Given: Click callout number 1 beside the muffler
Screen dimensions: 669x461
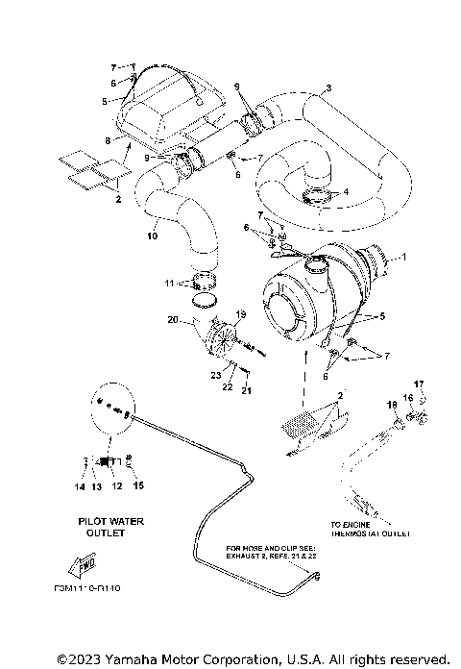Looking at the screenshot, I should (x=404, y=258).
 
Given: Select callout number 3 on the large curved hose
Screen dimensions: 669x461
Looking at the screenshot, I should (x=329, y=89).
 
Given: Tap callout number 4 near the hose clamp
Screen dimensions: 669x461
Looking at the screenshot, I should (x=346, y=192).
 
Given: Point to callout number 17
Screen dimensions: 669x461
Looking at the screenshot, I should (x=418, y=384).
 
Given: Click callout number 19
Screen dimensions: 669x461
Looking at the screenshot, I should (x=241, y=313).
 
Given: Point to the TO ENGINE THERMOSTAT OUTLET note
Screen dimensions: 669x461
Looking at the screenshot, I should (x=371, y=529).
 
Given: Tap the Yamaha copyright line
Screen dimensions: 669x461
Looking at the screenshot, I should (x=253, y=659).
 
